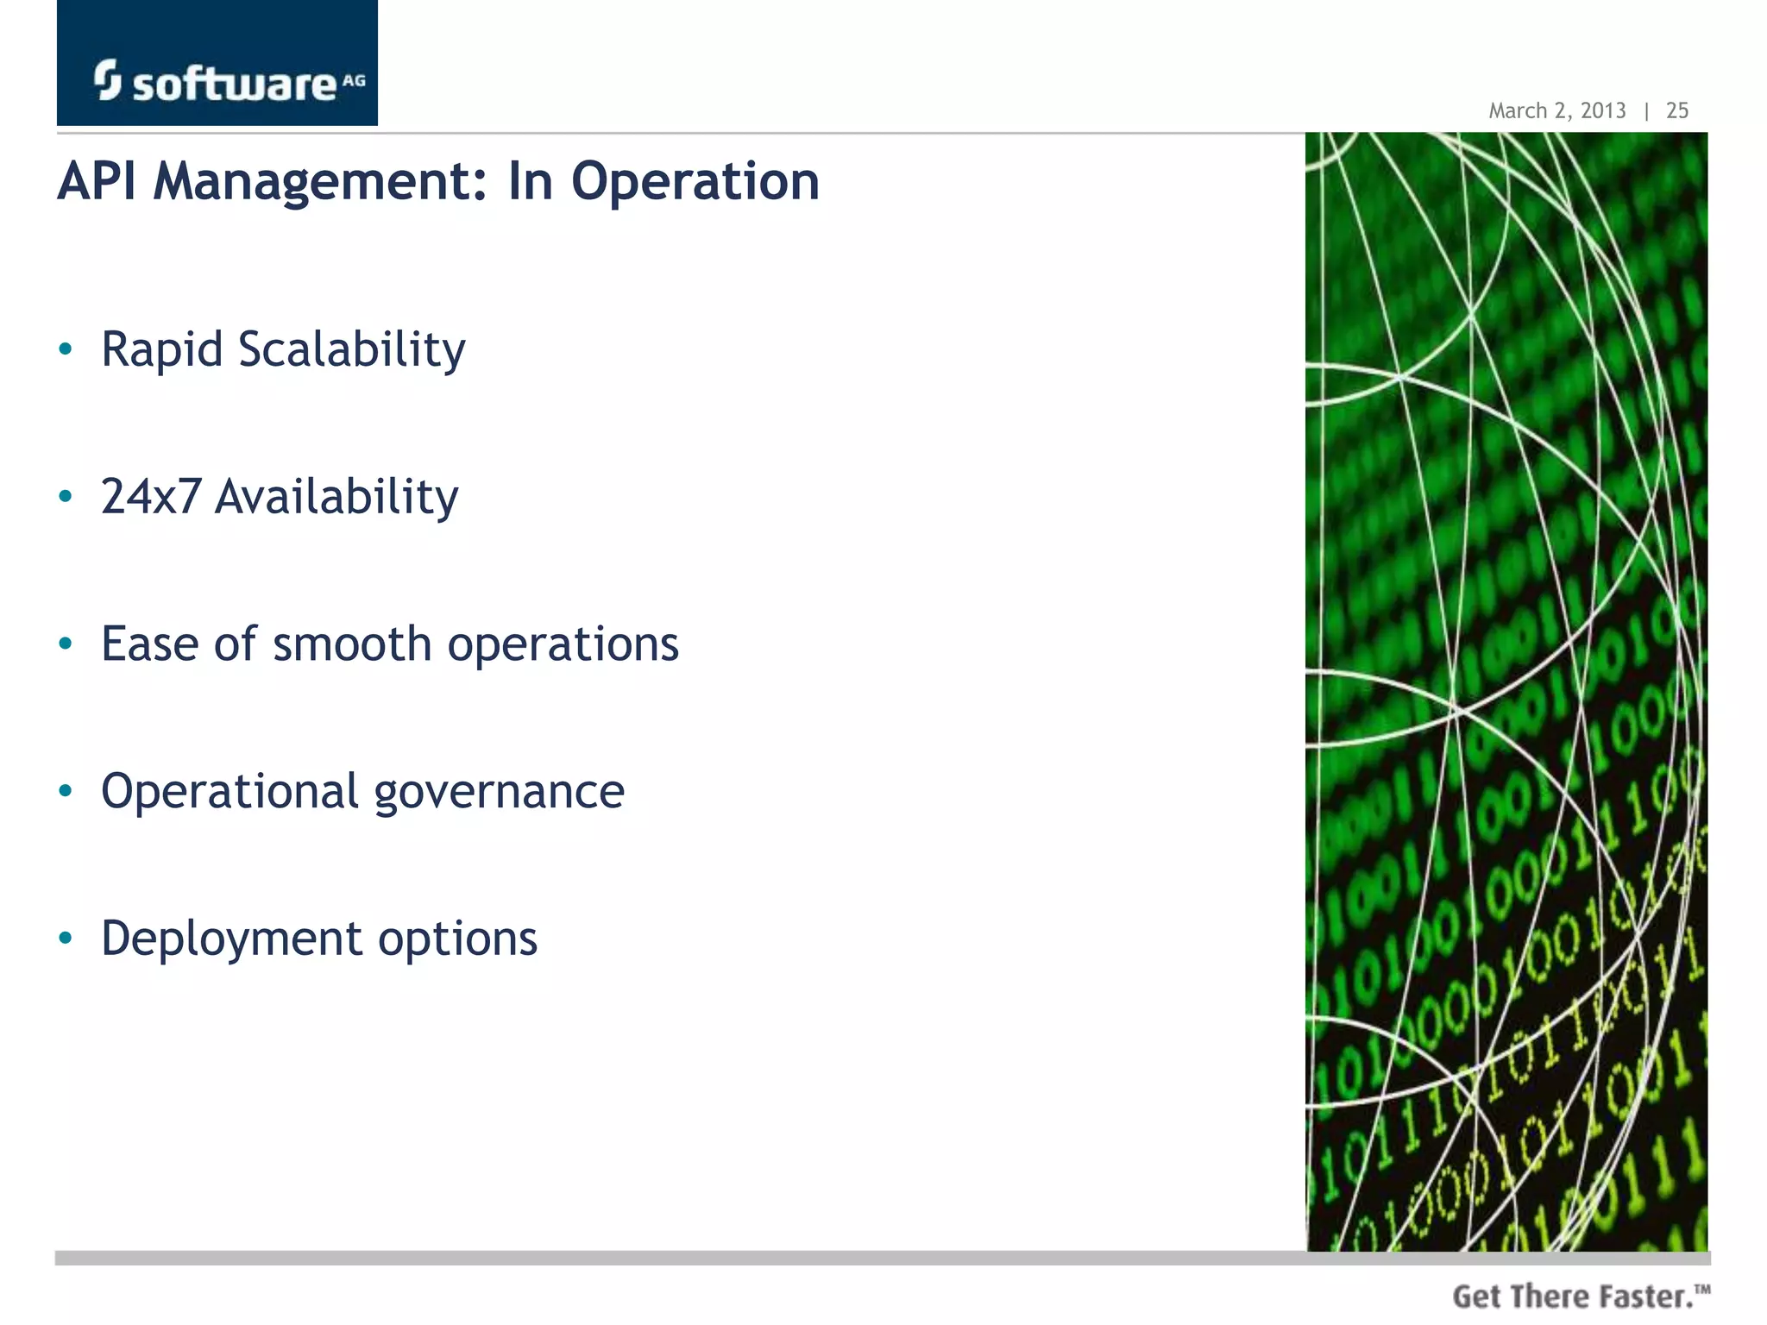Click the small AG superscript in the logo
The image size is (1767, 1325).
(354, 81)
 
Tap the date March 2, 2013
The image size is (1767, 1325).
(1556, 110)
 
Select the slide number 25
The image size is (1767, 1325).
(1676, 110)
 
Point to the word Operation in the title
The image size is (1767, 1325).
(695, 183)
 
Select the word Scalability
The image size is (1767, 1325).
(351, 350)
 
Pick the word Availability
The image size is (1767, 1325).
(336, 498)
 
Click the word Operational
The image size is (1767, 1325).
(230, 791)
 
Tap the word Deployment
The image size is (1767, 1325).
(231, 939)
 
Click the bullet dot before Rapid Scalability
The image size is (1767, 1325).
(66, 349)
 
